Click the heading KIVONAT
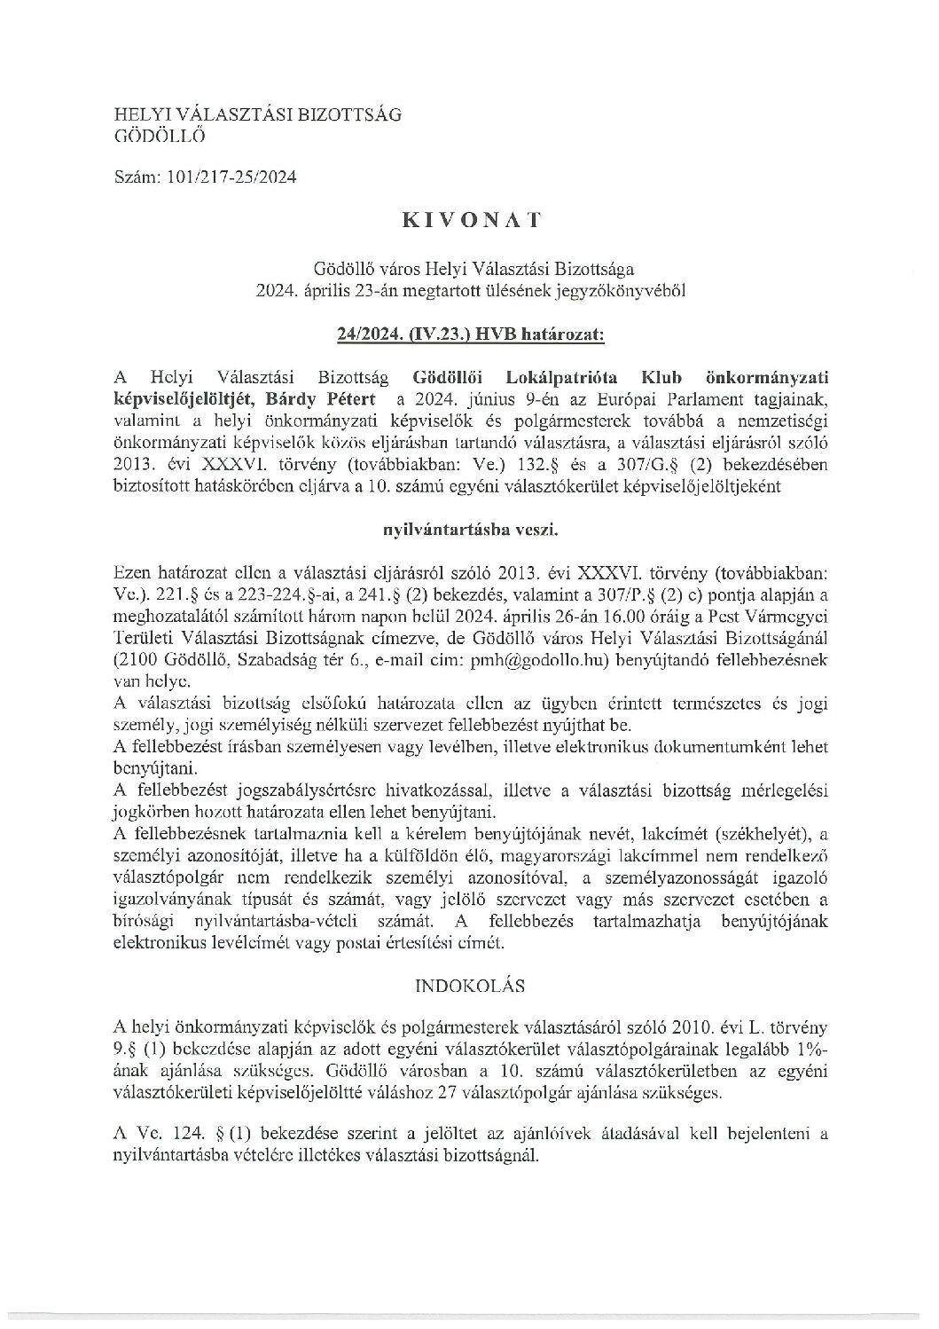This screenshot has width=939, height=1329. point(470,222)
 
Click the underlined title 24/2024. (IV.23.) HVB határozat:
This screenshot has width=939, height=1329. point(470,335)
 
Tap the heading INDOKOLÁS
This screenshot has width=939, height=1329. point(470,985)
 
